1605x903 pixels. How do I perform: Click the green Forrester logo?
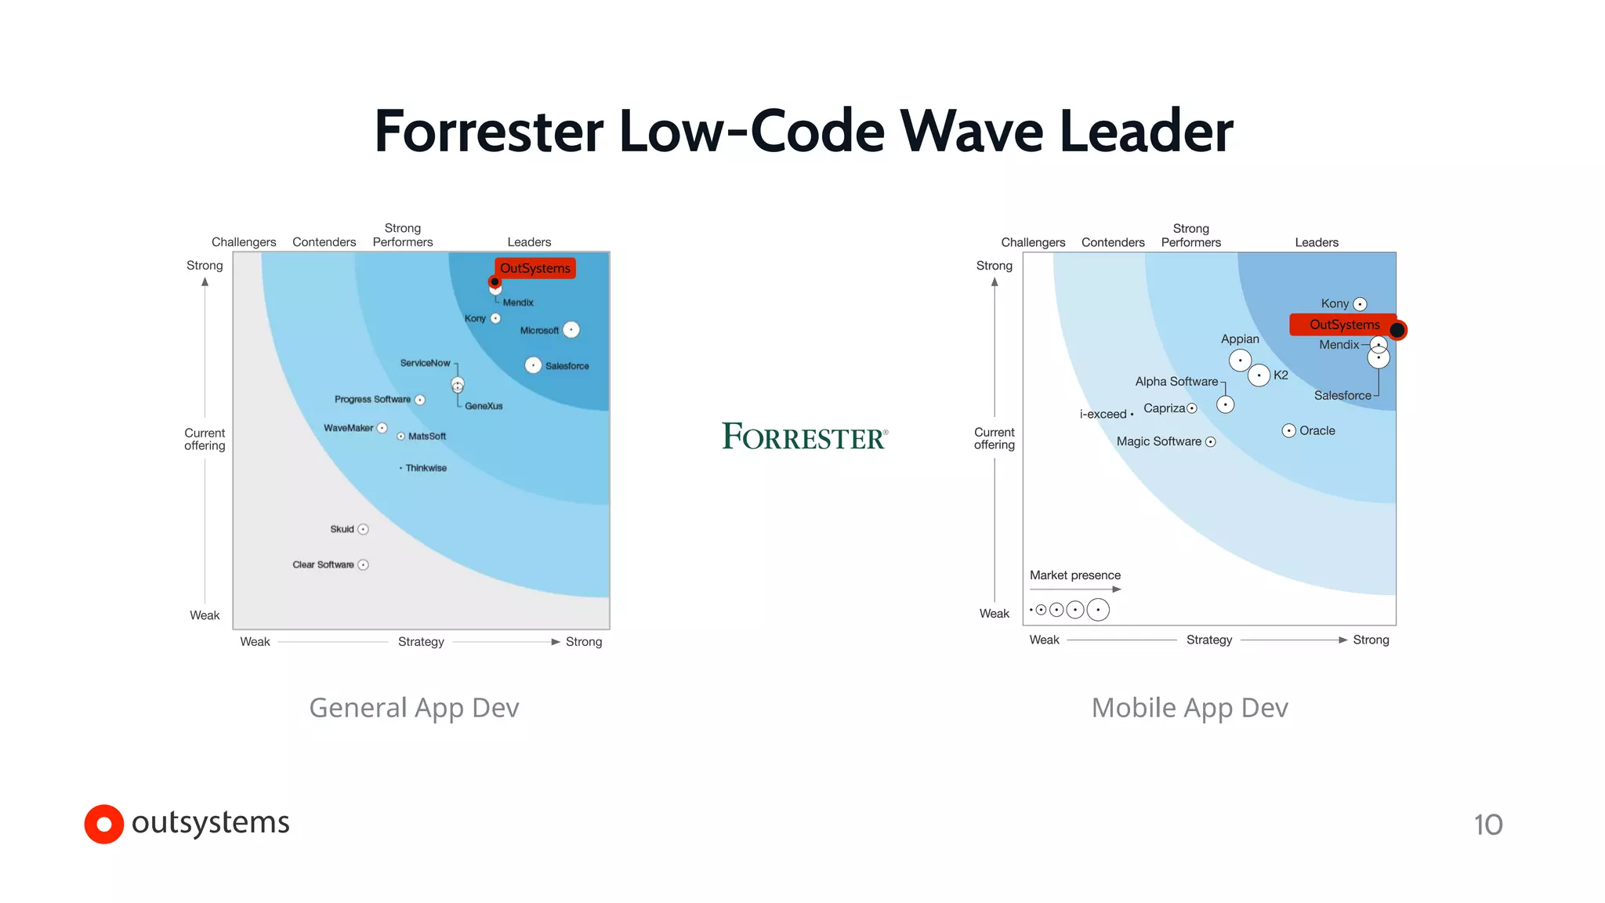(x=804, y=437)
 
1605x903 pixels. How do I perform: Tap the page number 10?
(x=1487, y=825)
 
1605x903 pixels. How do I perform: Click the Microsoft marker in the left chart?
(x=571, y=330)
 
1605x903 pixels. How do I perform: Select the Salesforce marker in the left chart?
(x=533, y=365)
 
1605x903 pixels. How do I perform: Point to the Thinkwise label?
(x=426, y=468)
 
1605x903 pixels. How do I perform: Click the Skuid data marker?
(x=363, y=529)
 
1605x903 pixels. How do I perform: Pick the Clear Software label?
(x=323, y=564)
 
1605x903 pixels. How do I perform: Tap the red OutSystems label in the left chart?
(x=535, y=268)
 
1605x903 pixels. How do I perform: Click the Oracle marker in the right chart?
(x=1288, y=430)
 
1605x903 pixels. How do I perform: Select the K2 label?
(x=1281, y=375)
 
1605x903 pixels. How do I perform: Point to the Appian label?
(x=1240, y=339)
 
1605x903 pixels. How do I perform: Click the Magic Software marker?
(x=1210, y=442)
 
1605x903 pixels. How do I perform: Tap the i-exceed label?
(x=1103, y=414)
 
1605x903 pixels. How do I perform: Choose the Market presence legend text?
(x=1074, y=575)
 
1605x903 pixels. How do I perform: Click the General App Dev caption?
(x=414, y=708)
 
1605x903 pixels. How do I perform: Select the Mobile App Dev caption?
(x=1190, y=708)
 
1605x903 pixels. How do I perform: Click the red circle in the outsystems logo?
(x=103, y=824)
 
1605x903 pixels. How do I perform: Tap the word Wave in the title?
(x=972, y=131)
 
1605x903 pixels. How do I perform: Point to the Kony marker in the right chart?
(x=1360, y=304)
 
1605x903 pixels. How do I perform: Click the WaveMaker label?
(x=348, y=428)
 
